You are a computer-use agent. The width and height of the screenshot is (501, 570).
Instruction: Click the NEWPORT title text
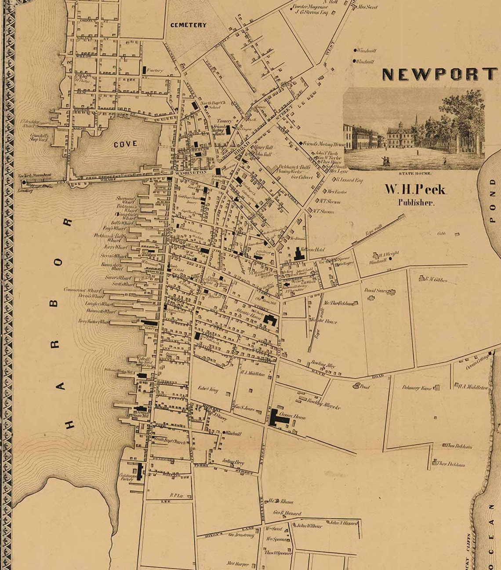click(439, 74)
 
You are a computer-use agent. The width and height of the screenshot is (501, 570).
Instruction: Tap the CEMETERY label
click(188, 25)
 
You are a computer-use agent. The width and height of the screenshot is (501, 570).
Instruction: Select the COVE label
click(125, 144)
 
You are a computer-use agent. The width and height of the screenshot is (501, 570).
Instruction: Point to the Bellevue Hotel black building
click(300, 254)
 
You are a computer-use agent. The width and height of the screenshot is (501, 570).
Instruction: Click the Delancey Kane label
click(417, 388)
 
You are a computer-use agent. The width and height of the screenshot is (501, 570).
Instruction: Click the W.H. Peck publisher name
click(415, 190)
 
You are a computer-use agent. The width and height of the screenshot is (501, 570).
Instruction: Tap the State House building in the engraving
click(399, 136)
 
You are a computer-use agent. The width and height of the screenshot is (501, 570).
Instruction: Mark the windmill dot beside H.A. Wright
click(390, 259)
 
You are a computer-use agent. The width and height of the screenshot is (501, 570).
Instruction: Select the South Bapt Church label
click(169, 442)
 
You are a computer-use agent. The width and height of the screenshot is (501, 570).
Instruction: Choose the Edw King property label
click(208, 389)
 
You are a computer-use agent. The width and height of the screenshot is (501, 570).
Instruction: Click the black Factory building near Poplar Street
click(144, 70)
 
